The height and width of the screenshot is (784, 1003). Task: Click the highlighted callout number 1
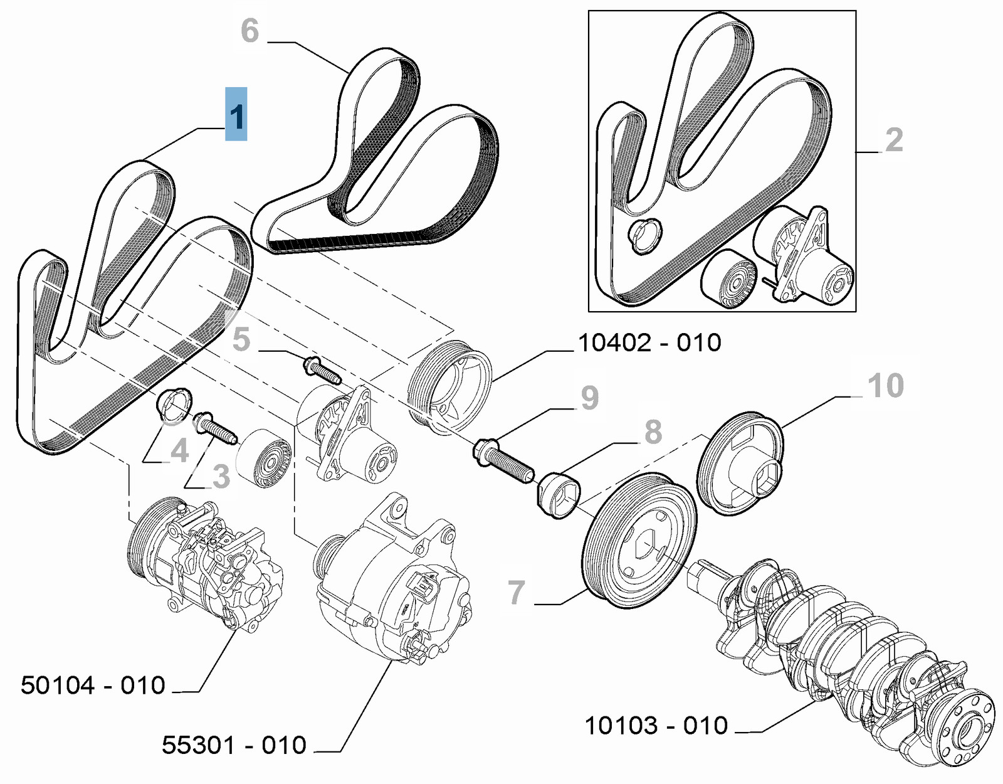tap(236, 115)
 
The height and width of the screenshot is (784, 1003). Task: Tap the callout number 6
tap(249, 31)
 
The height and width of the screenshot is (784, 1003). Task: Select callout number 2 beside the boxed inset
tap(894, 140)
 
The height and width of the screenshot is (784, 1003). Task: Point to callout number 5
tap(241, 339)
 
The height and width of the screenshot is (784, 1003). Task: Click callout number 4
tap(180, 450)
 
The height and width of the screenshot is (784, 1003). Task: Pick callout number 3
tap(221, 477)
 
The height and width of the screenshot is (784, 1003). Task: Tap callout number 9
tap(589, 398)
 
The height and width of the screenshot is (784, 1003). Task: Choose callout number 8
tap(653, 432)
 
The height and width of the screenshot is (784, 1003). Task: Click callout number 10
tap(885, 385)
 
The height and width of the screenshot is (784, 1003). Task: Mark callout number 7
tap(516, 592)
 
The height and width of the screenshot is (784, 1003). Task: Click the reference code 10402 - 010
tap(649, 343)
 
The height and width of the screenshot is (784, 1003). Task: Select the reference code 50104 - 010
tap(93, 686)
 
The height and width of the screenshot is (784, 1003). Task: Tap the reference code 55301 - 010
tap(234, 745)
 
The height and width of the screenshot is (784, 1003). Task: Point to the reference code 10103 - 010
tap(656, 726)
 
